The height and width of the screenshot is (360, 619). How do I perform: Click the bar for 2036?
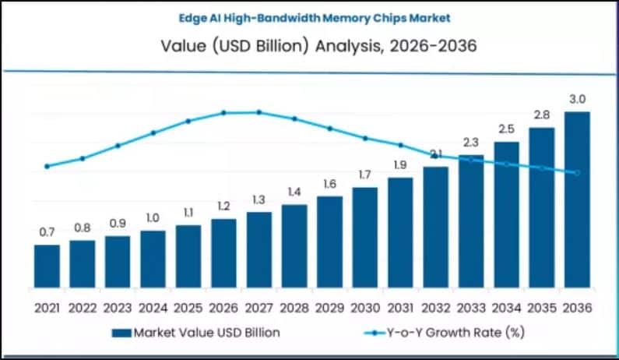[577, 199]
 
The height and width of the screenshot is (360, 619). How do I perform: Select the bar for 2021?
[47, 266]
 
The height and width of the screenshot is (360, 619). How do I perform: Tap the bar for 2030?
[364, 237]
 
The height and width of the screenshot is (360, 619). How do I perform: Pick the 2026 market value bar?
[223, 252]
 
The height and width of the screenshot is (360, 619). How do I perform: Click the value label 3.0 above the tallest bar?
[577, 99]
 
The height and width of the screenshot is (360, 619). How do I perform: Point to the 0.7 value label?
[47, 232]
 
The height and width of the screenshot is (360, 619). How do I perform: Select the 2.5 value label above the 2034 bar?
[506, 129]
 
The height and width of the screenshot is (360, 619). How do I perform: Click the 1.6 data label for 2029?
[329, 184]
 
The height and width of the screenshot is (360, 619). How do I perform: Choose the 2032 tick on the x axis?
[435, 307]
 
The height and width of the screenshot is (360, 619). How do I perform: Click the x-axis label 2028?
[294, 307]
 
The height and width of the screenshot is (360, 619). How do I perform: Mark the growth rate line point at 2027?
[259, 112]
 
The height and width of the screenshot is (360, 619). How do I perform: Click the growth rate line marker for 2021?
[47, 166]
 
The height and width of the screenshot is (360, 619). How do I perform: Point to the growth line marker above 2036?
[577, 173]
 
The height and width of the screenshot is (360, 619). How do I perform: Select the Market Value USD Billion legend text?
[206, 333]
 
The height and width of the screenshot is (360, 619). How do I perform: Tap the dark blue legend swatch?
[121, 333]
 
